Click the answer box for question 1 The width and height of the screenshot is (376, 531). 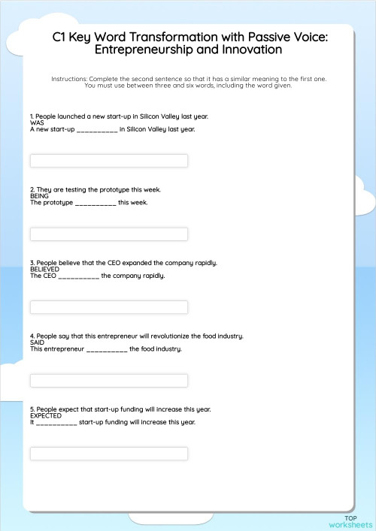pos(108,161)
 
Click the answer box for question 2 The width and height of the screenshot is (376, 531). pos(108,234)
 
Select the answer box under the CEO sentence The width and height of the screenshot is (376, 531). pos(108,307)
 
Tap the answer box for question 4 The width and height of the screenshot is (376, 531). pos(108,380)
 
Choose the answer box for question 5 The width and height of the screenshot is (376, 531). pos(108,454)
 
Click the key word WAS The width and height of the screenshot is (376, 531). pos(37,122)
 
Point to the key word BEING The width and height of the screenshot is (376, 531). pos(39,196)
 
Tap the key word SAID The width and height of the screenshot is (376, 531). pos(37,342)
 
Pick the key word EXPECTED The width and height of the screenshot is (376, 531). pos(46,415)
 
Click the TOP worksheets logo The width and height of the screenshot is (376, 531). pos(350,520)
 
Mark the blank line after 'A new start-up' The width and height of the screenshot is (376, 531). pos(97,130)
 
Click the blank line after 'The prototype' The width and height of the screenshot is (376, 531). pos(96,203)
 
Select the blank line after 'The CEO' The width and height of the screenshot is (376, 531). pos(78,276)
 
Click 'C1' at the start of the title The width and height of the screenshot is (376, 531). pos(61,36)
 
